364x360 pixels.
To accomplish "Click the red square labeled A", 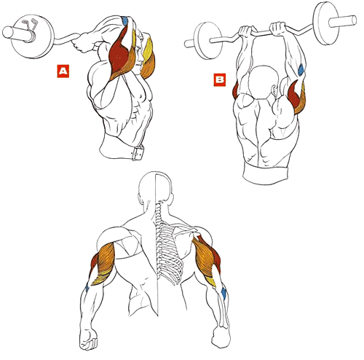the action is coord(63,71).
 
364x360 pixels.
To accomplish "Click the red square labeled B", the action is coord(220,79).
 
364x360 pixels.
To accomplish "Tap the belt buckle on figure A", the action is coord(138,153).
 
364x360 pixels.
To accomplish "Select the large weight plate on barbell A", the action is coord(32,36).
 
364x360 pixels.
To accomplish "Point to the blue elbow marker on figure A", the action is coord(125,20).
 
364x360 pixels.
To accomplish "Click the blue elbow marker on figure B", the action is coord(301,69).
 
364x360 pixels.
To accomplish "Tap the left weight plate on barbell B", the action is coord(208,41).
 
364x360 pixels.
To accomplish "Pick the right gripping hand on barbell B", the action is coord(278,28).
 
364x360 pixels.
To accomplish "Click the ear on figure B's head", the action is coord(275,91).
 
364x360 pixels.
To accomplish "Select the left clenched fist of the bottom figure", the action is coord(88,339).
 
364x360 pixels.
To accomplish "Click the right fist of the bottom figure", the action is coord(221,337).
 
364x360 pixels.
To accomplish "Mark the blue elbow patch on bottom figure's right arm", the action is coord(223,293).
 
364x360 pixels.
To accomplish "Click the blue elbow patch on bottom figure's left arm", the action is coord(87,289).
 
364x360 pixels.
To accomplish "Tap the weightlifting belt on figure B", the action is coord(266,173).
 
